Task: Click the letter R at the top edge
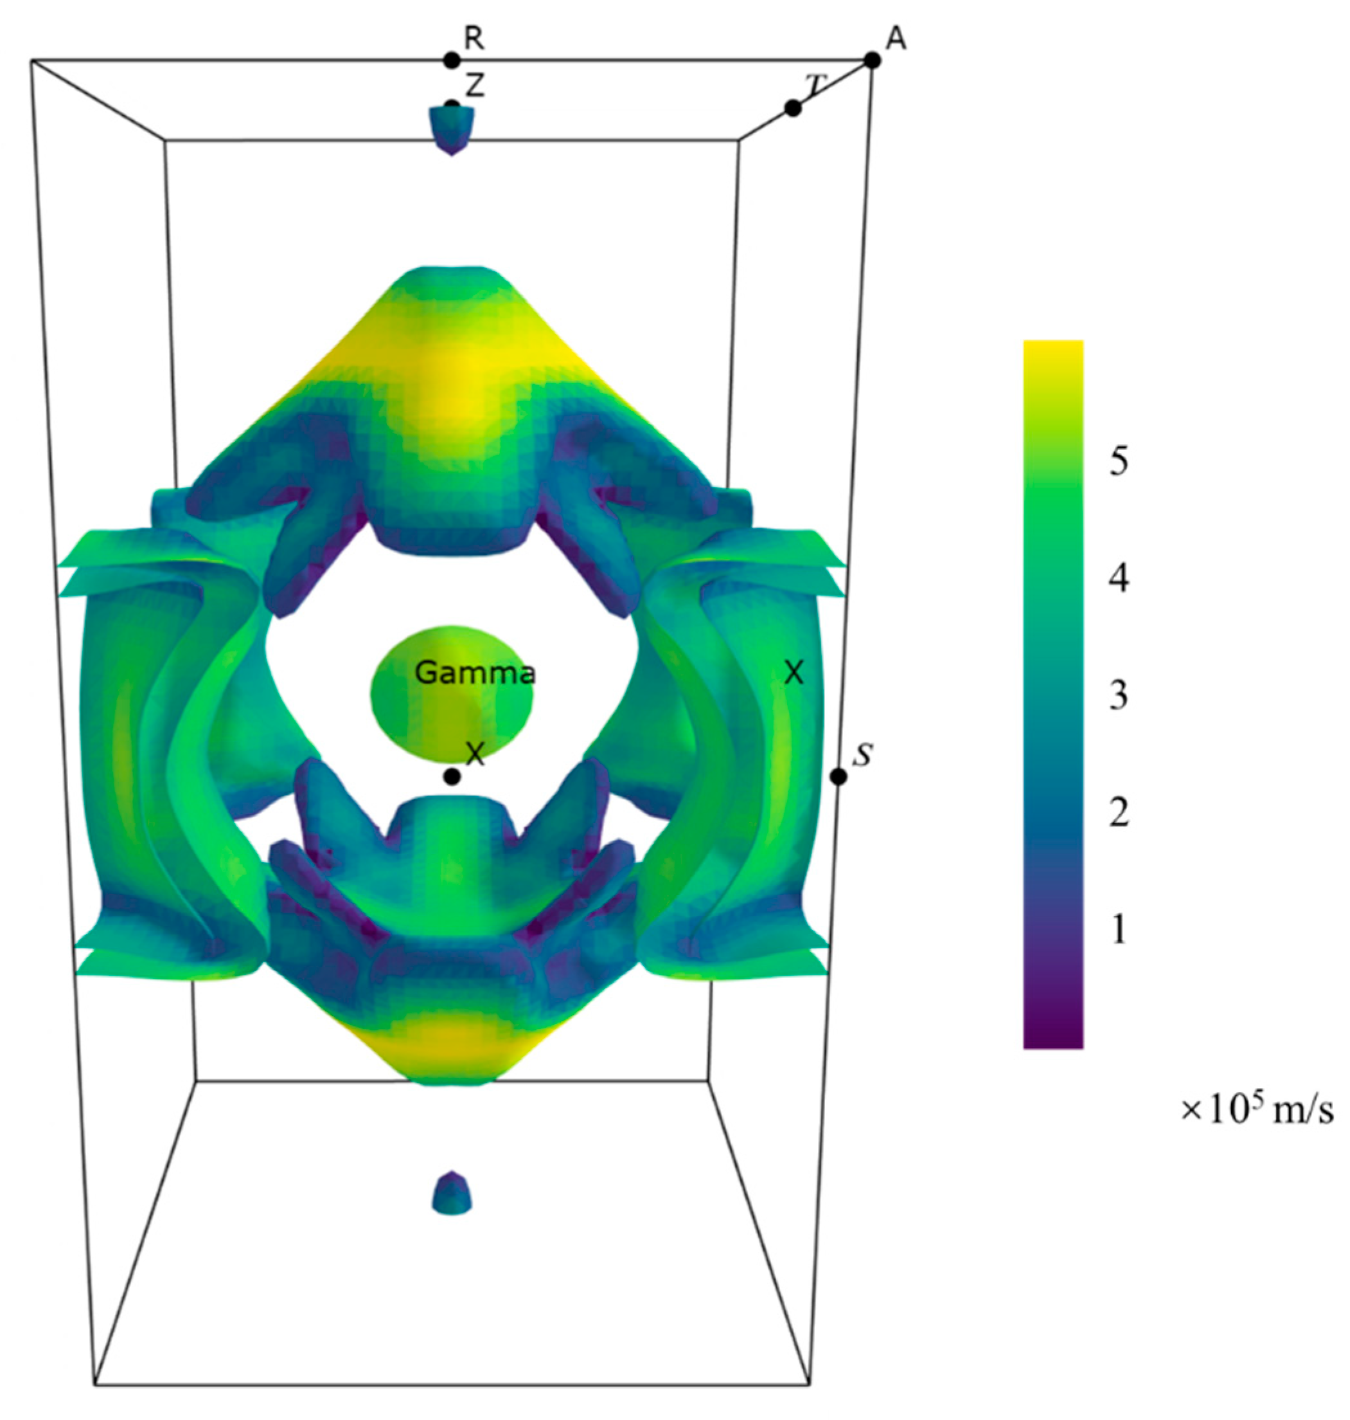(x=474, y=39)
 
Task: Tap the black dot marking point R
(x=451, y=60)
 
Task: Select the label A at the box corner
(x=896, y=39)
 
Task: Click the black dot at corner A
(x=872, y=60)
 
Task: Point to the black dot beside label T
(x=793, y=109)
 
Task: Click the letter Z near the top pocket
(x=475, y=86)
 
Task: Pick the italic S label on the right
(x=862, y=754)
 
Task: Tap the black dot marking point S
(x=839, y=776)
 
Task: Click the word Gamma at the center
(x=475, y=673)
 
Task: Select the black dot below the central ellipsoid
(x=452, y=776)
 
